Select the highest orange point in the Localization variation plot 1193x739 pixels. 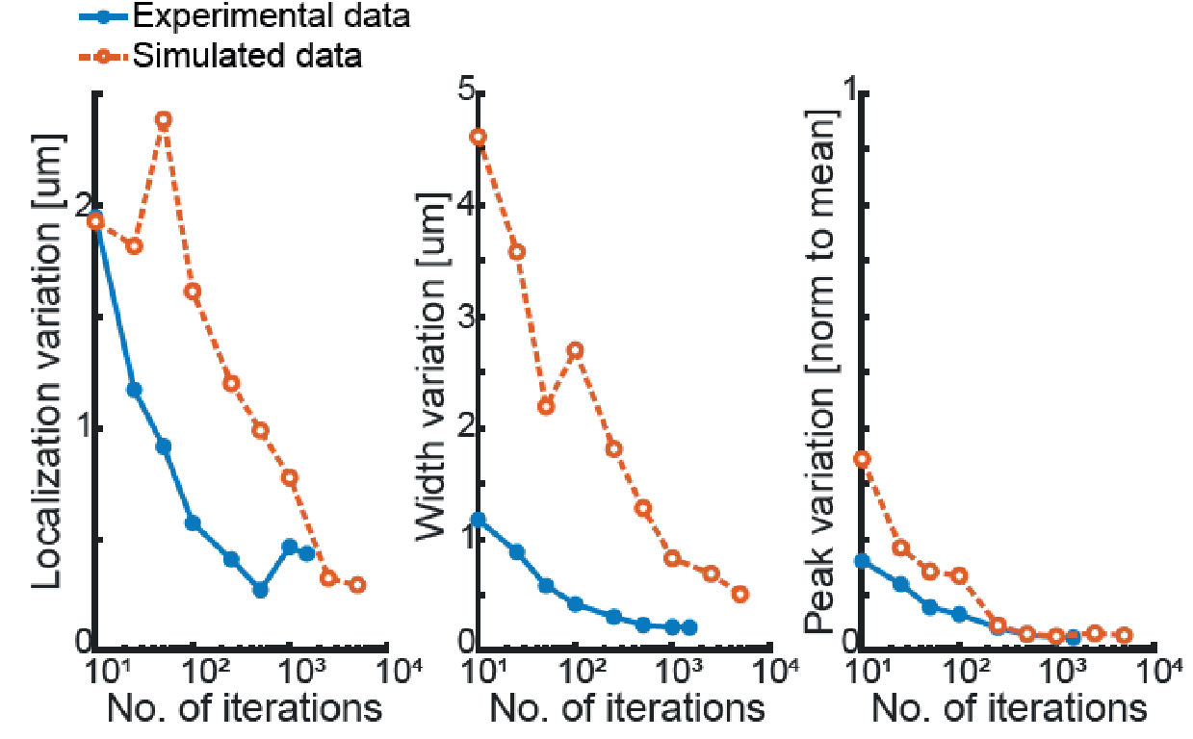click(x=164, y=120)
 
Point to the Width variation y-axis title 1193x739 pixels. click(x=430, y=368)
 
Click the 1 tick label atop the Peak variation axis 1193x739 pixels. click(x=849, y=94)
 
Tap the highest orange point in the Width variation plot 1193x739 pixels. click(x=479, y=137)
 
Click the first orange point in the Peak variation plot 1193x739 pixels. click(x=863, y=459)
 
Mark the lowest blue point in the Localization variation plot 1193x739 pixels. click(x=260, y=590)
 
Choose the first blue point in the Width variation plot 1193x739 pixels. click(x=479, y=521)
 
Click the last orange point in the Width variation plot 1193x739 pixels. click(x=739, y=594)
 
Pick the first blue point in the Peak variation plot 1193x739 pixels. click(x=863, y=560)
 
